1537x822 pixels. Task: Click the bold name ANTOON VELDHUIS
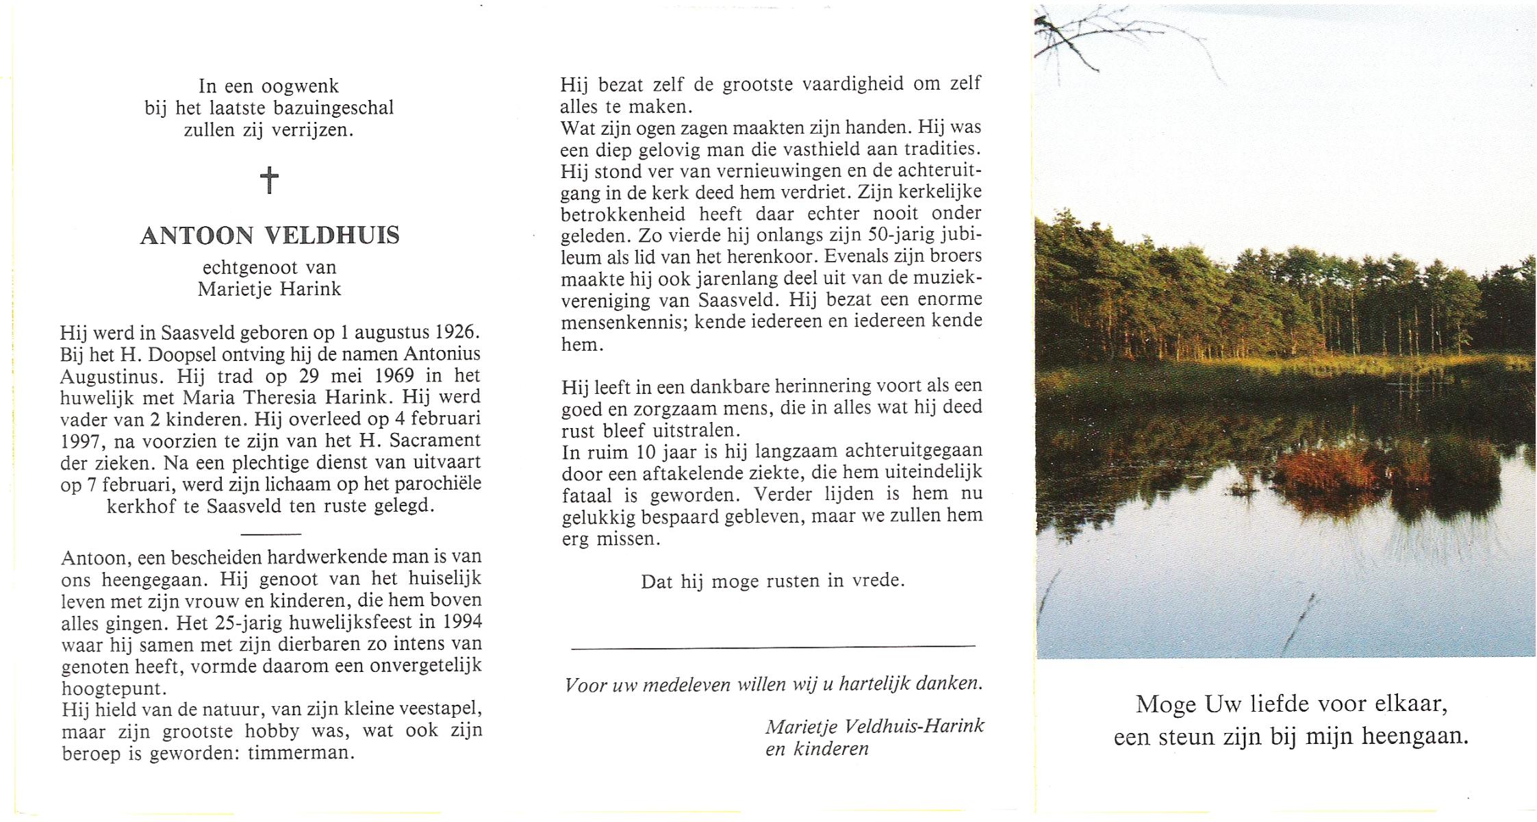click(x=270, y=236)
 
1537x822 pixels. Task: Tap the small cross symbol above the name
click(x=270, y=180)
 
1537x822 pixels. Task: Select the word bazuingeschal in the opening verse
click(x=333, y=108)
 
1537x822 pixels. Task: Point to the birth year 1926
click(x=455, y=332)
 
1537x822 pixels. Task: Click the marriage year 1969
click(x=389, y=376)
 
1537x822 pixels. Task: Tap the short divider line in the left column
click(x=271, y=534)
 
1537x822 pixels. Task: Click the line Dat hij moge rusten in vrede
click(x=772, y=582)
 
